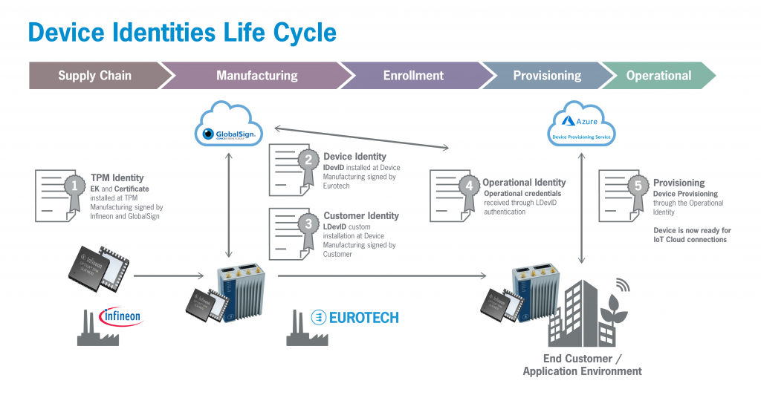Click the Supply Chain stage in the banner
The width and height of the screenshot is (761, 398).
pos(94,76)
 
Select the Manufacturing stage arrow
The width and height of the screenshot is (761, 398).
pos(256,76)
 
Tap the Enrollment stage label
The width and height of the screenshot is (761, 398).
pos(413,76)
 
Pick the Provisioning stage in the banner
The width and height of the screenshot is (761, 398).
pos(547,76)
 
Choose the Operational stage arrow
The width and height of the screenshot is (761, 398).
pos(658,76)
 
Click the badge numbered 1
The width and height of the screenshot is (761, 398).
pos(73,185)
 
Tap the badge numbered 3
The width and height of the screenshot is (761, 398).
pos(306,223)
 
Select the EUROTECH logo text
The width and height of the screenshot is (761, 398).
pos(355,317)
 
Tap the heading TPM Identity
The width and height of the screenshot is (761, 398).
pos(117,178)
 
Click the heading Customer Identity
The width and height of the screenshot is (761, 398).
pos(360,216)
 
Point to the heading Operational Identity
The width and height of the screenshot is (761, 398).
pos(524,183)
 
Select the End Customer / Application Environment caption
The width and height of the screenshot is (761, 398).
pos(582,365)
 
